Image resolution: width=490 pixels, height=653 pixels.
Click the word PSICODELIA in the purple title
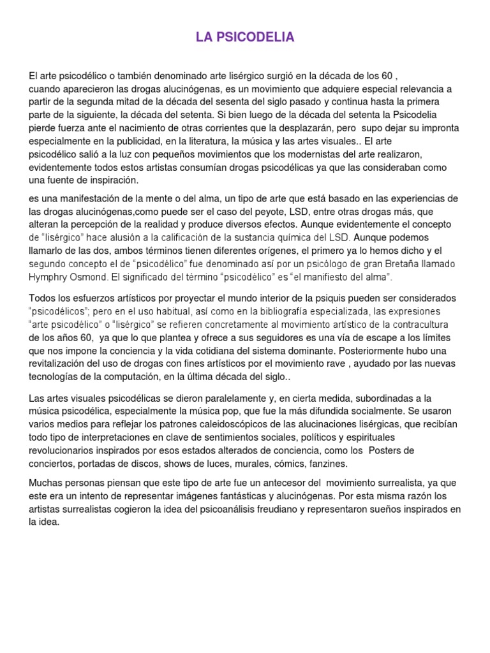pos(256,38)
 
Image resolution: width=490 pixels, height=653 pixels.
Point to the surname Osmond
pos(93,277)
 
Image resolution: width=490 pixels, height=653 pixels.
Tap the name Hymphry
pos(50,277)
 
